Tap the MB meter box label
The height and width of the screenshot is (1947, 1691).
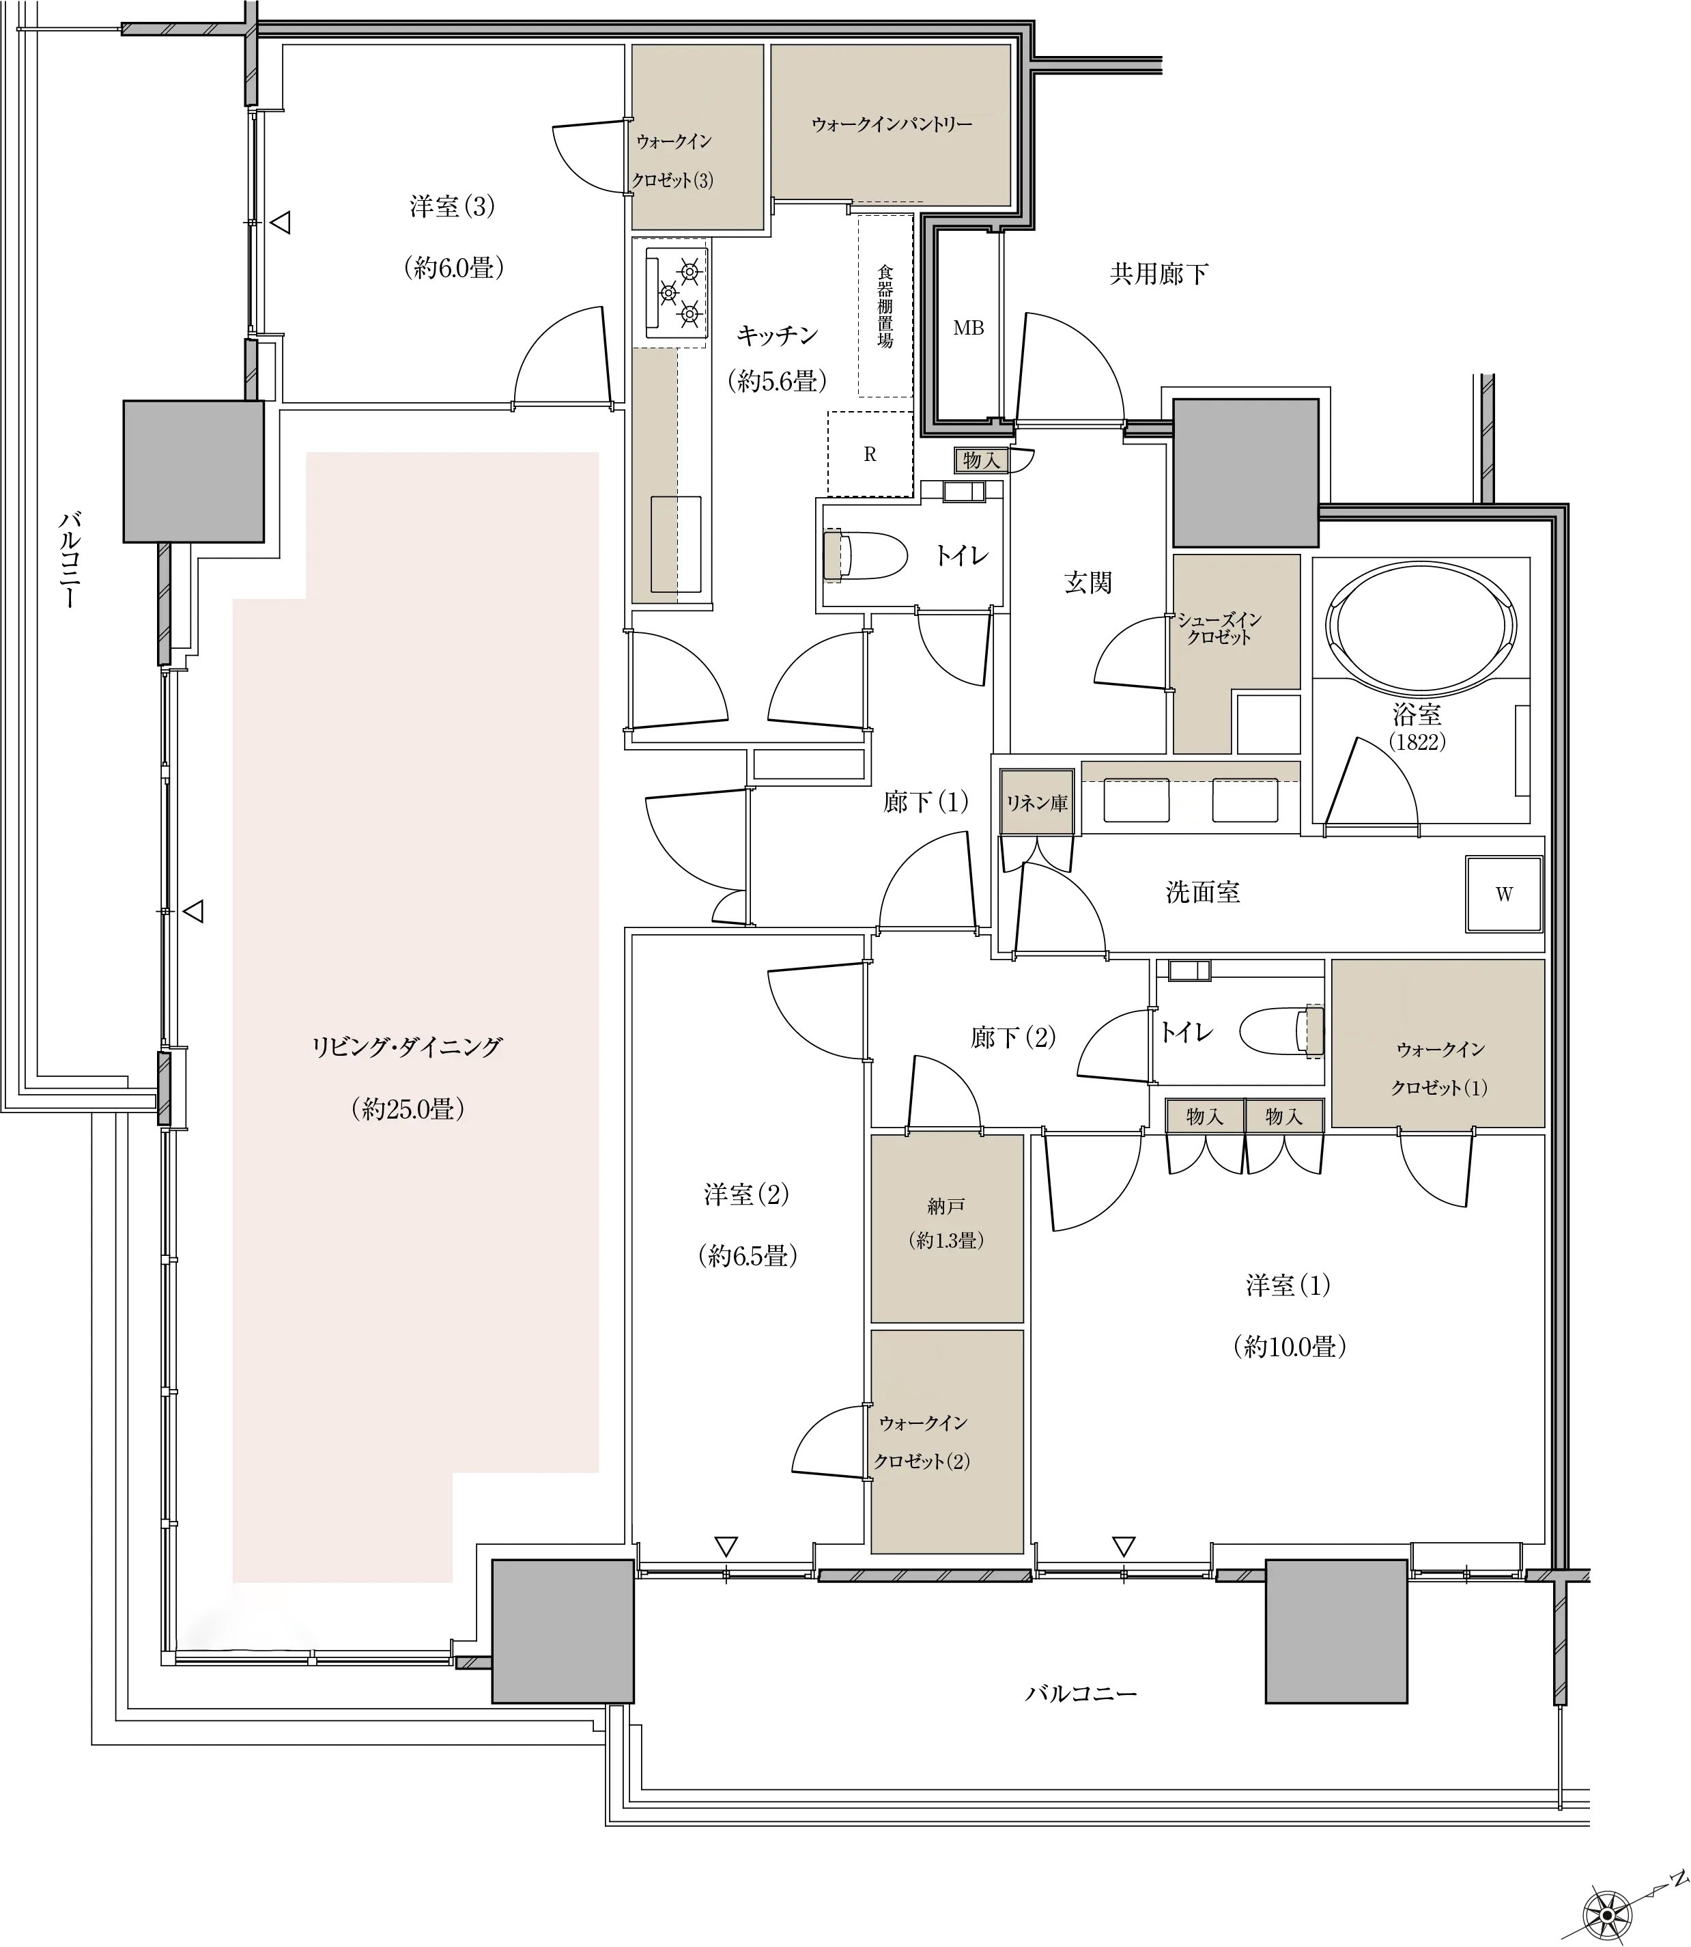coord(968,328)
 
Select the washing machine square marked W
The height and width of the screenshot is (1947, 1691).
coord(1503,894)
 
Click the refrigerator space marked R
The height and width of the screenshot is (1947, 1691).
coord(870,455)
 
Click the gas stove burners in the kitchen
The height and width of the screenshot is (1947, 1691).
coord(677,294)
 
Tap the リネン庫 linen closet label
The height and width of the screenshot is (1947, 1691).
coord(1037,803)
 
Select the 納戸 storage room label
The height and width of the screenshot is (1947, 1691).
coord(946,1206)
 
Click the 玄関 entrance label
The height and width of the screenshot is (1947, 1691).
coord(1088,583)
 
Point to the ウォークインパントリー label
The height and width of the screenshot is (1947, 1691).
coord(892,124)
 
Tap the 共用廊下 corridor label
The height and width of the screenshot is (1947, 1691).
coord(1159,275)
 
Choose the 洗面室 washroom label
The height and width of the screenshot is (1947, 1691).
coord(1203,893)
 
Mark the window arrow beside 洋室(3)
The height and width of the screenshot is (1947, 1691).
coord(281,224)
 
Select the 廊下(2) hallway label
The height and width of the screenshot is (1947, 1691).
coord(1014,1038)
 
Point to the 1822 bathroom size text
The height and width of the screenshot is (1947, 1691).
coord(1417,742)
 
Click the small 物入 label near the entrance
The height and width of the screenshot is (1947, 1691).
coord(982,460)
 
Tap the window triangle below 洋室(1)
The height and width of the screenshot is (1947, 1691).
coord(1123,1547)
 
